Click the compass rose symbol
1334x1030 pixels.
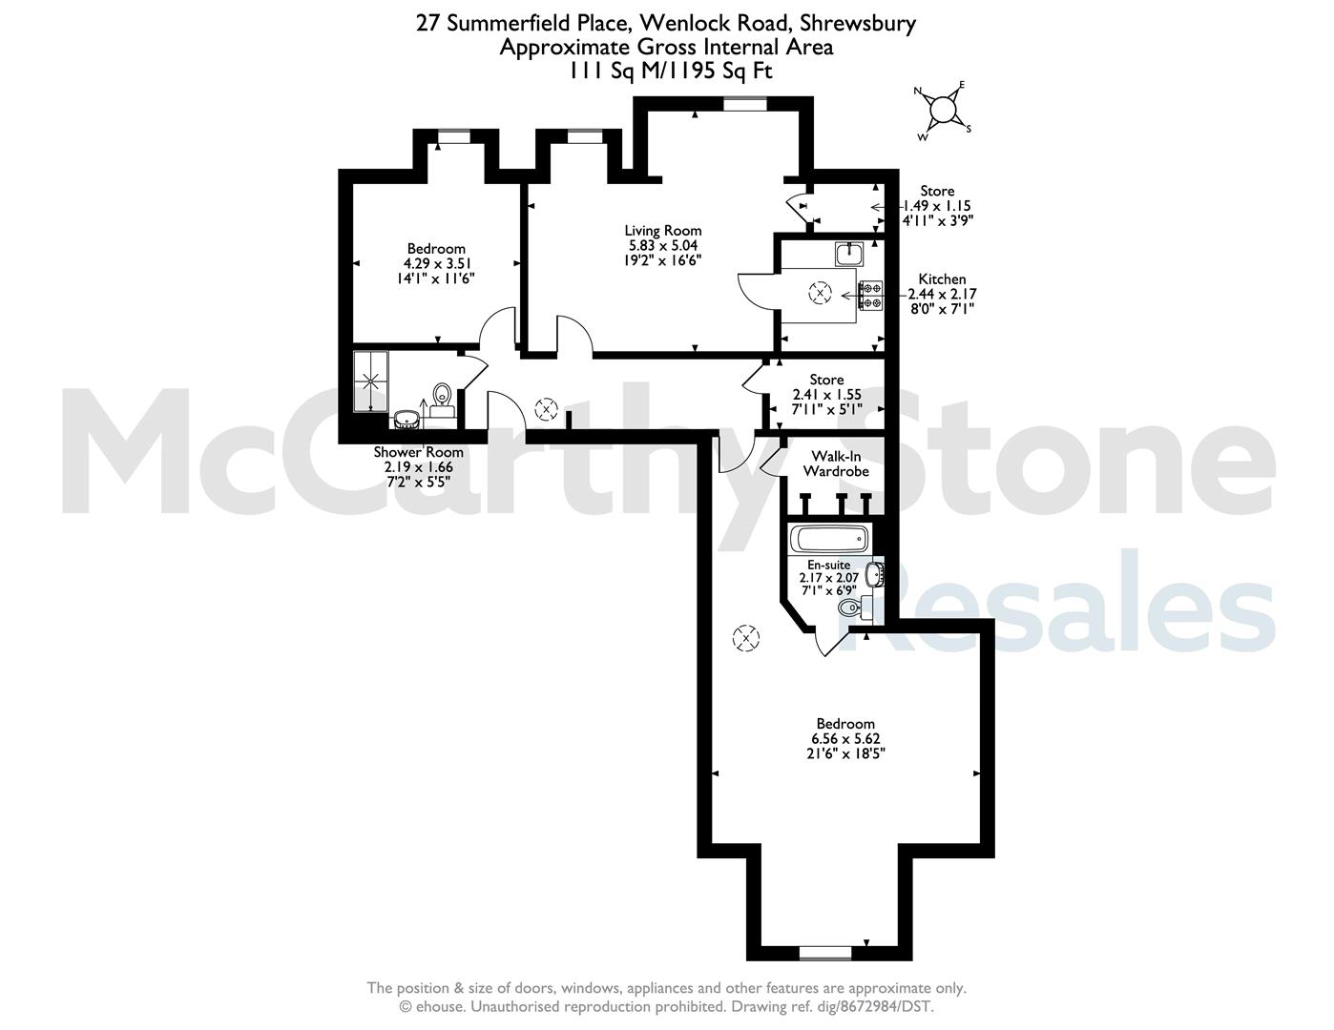click(x=944, y=111)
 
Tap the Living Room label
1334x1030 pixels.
click(x=663, y=231)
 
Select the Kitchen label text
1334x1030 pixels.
click(x=942, y=279)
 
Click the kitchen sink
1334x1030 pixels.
click(x=849, y=254)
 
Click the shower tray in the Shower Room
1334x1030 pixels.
click(x=371, y=381)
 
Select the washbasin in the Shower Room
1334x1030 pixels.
click(x=406, y=419)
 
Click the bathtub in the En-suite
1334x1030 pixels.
click(x=829, y=538)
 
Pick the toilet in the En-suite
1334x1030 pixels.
click(x=855, y=608)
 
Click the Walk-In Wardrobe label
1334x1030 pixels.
click(x=836, y=463)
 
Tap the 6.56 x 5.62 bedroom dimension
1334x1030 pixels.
click(x=845, y=738)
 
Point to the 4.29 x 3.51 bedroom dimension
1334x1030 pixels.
click(x=437, y=263)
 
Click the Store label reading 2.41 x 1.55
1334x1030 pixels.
click(x=827, y=394)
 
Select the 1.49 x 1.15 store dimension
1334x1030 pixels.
click(x=937, y=206)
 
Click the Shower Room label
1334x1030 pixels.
click(x=418, y=452)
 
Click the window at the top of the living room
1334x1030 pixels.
click(x=744, y=104)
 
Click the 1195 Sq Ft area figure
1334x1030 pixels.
click(x=725, y=72)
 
